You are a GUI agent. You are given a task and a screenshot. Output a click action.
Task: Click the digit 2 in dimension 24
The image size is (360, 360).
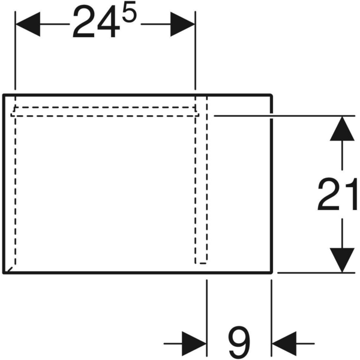click(86, 25)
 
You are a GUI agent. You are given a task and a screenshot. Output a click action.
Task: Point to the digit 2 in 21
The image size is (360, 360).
click(330, 194)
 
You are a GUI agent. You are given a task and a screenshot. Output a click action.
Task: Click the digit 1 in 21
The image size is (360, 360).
click(350, 194)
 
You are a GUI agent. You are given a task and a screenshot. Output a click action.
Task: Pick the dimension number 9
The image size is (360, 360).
click(239, 344)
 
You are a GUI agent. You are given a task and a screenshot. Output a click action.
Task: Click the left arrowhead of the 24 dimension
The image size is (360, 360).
click(26, 25)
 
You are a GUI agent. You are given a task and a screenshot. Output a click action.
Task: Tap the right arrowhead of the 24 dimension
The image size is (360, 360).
click(183, 25)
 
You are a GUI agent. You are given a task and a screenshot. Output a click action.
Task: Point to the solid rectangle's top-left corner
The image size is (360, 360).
click(4, 95)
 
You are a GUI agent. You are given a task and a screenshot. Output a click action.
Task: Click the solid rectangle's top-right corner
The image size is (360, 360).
click(273, 95)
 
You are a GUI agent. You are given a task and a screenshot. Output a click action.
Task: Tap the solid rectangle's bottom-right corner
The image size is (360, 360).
click(273, 272)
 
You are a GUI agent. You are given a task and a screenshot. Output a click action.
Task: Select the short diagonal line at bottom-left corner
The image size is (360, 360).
click(8, 268)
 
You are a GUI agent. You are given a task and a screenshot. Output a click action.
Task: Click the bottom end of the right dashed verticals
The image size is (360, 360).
click(202, 262)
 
